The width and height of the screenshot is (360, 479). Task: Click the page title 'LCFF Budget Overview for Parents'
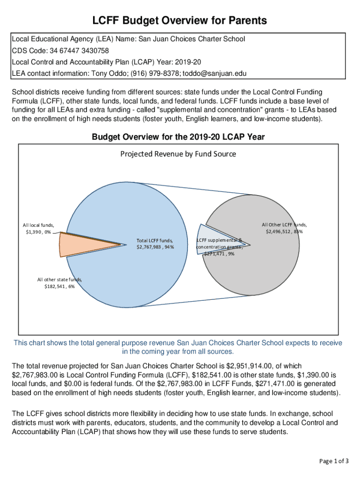point(180,21)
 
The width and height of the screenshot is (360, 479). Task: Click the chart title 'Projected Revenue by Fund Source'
point(178,154)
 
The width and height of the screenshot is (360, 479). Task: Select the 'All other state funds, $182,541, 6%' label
point(59,283)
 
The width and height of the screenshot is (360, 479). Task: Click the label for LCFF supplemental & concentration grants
point(219,247)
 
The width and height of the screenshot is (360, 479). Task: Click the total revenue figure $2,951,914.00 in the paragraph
point(271,366)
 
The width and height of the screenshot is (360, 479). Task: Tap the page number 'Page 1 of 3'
point(334,461)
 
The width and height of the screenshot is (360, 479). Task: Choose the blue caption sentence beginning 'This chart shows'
point(178,347)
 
